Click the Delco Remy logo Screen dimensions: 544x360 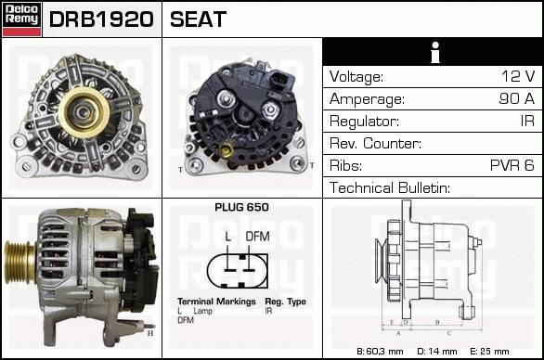pos(21,19)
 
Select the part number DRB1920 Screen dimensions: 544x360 pos(101,19)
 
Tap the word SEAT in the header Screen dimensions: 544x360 pos(198,19)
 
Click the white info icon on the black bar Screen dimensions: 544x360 pos(435,52)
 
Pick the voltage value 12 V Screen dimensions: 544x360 pos(518,76)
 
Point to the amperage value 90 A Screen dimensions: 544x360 pos(516,98)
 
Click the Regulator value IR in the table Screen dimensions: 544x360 pos(527,121)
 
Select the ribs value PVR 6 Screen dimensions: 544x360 pos(512,165)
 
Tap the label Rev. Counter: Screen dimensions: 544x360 pos(375,143)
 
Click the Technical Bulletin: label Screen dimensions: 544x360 pos(390,187)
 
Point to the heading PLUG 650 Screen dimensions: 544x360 pos(241,207)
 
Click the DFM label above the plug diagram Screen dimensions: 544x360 pos(257,237)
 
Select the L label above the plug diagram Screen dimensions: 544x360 pos(228,237)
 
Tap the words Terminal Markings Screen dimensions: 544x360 pos(216,302)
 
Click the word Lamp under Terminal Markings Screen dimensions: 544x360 pos(202,311)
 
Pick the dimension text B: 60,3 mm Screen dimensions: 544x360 pos(380,352)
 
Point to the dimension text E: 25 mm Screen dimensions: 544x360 pos(489,352)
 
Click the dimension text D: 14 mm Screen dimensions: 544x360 pos(437,352)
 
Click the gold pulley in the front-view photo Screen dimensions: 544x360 pos(84,112)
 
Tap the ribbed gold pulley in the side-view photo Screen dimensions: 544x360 pos(19,263)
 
